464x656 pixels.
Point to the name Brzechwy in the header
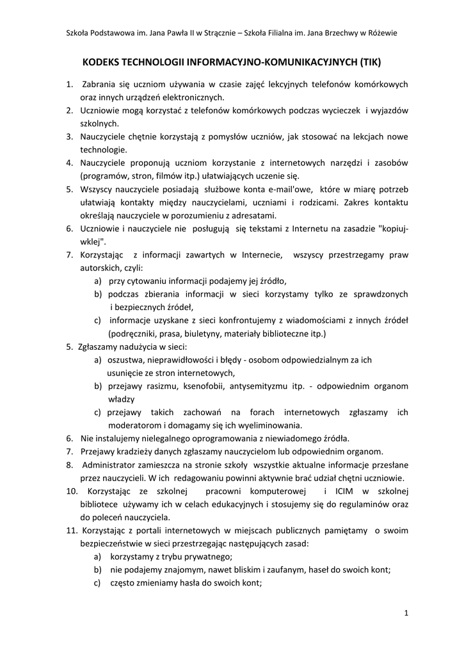[336, 33]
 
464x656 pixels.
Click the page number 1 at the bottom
[406, 613]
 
